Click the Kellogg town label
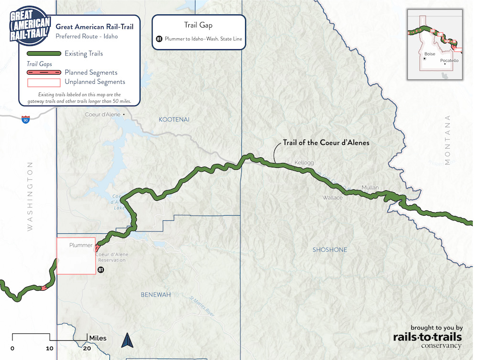(304, 163)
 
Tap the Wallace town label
(332, 197)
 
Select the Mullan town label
(370, 187)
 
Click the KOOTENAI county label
(174, 120)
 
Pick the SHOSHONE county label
(330, 250)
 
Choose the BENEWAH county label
(155, 295)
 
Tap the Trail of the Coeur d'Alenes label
(326, 142)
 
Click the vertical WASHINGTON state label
(30, 196)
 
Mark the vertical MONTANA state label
(448, 140)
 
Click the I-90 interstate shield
(24, 120)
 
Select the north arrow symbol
(128, 340)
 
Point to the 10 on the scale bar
(49, 348)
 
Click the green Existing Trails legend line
(43, 54)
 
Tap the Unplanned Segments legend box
(43, 82)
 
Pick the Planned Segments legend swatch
(43, 73)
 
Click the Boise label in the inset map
(430, 54)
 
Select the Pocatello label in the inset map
(449, 61)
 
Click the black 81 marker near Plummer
(100, 270)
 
